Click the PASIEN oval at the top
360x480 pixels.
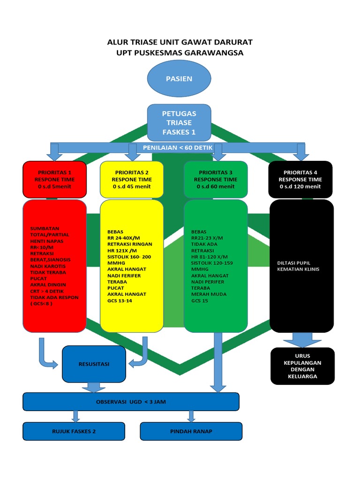179,79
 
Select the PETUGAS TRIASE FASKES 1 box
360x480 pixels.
179,123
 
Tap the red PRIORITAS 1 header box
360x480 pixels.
54,180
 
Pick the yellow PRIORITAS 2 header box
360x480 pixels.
132,180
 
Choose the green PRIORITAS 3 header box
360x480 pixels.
216,180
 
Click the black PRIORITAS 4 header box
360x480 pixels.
300,180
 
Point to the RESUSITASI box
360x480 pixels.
94,364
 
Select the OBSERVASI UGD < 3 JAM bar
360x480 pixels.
131,402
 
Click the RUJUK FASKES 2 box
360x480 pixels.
74,431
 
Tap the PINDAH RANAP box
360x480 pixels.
191,431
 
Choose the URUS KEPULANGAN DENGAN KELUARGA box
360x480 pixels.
303,366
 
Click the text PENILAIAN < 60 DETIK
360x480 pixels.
178,148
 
